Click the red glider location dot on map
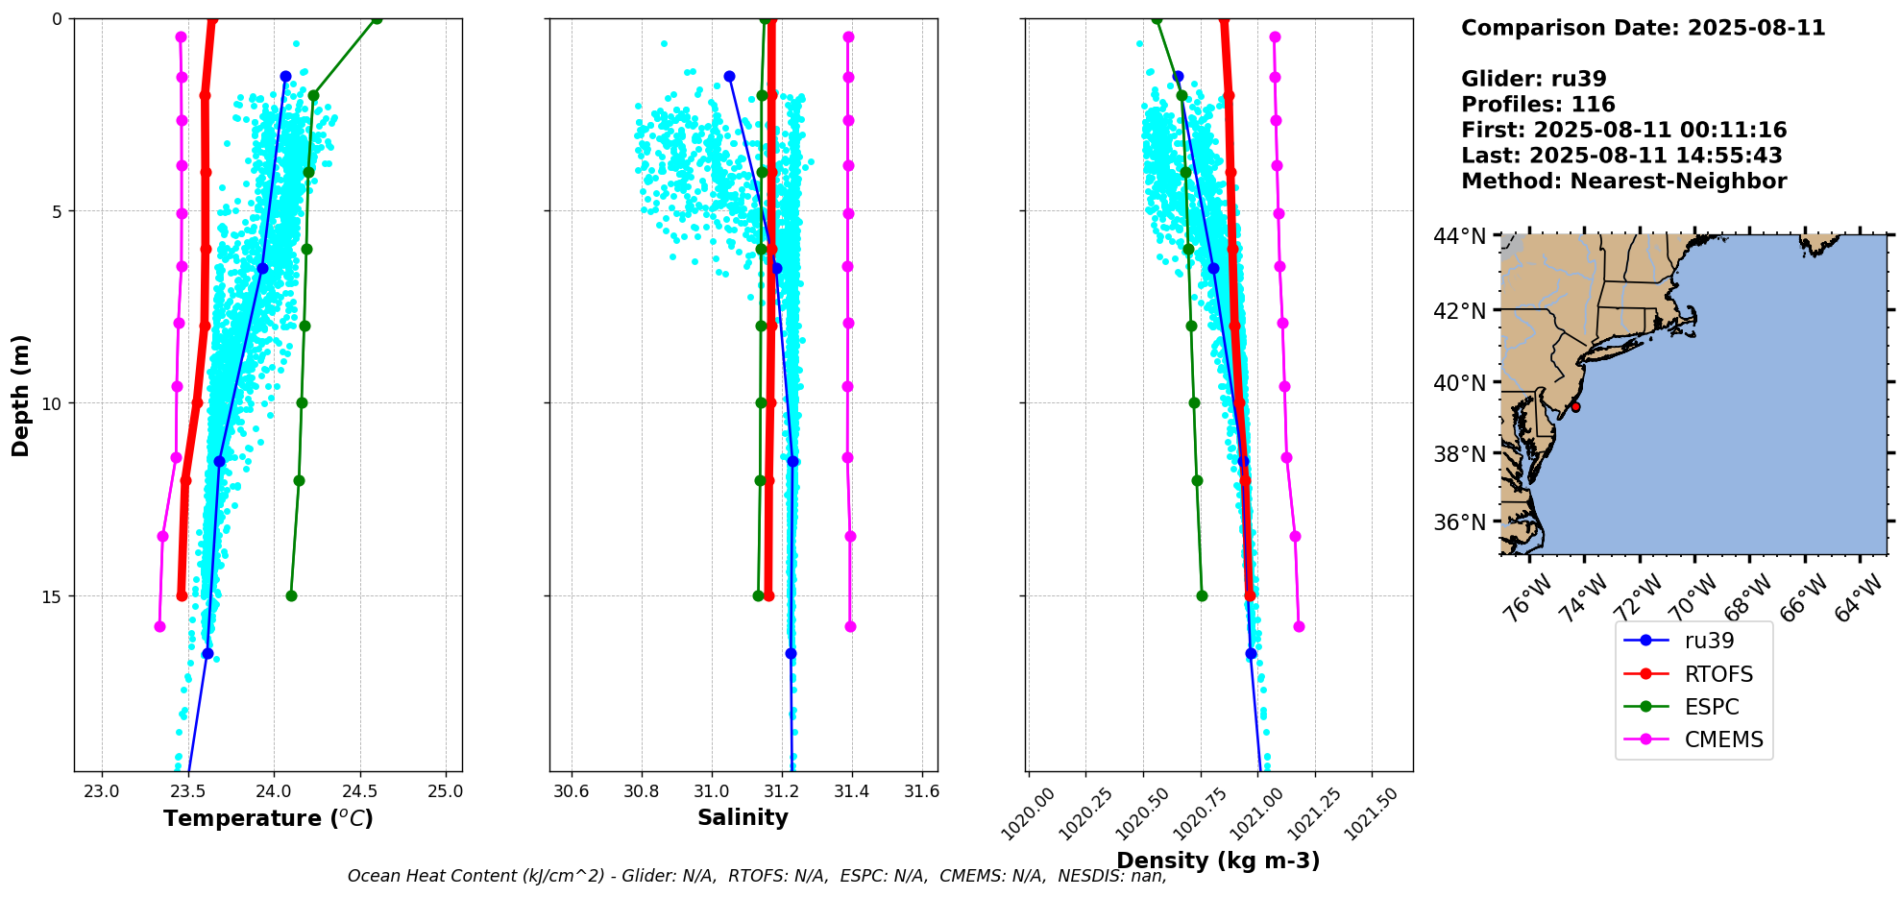[x=1575, y=407]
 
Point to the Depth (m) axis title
[x=21, y=395]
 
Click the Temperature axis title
[x=268, y=818]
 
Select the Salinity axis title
[x=743, y=817]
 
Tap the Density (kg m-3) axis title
[x=1218, y=861]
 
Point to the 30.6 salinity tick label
[x=572, y=791]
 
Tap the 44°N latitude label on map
[x=1459, y=236]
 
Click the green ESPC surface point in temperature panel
[x=377, y=19]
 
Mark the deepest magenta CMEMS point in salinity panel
[x=850, y=626]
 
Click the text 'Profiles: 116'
[x=1538, y=105]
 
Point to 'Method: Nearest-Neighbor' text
[x=1623, y=181]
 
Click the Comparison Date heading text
[x=1643, y=28]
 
